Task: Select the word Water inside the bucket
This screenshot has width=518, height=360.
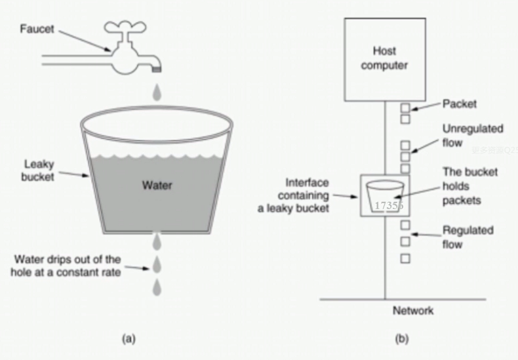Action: tap(157, 186)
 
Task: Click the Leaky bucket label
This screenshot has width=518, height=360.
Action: tap(39, 170)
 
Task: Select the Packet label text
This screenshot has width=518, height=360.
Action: tap(459, 104)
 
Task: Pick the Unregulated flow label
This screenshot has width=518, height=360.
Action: tap(472, 136)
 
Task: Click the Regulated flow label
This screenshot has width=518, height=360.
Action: tap(468, 237)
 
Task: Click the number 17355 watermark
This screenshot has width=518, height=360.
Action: tap(389, 206)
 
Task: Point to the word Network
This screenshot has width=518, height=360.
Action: tap(413, 310)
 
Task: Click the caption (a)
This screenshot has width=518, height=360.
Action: tap(129, 338)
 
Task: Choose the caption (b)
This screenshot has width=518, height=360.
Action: tap(401, 338)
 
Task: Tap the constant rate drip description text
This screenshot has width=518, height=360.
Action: tap(67, 266)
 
